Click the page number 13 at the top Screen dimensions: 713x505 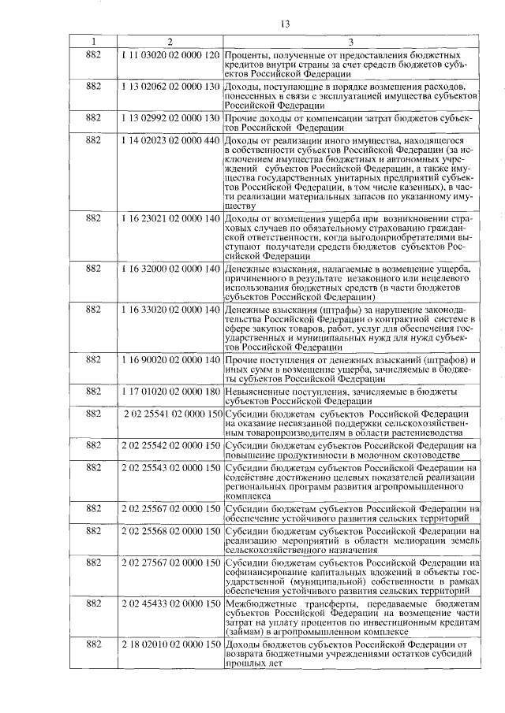point(286,24)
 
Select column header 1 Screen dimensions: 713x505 point(92,41)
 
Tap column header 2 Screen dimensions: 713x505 point(170,41)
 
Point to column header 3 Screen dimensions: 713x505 point(352,41)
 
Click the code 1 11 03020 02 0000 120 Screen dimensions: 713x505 point(170,55)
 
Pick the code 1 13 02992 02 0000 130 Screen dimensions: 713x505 point(170,117)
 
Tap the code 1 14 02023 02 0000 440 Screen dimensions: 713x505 point(170,139)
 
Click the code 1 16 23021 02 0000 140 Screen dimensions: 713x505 point(170,215)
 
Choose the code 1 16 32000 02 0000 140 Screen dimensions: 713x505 point(170,269)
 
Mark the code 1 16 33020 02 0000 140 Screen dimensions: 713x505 point(170,310)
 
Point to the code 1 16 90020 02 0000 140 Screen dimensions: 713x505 point(170,359)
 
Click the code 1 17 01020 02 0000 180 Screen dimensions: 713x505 point(170,391)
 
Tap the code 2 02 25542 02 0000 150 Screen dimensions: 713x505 point(170,445)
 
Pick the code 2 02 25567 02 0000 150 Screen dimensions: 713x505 point(170,508)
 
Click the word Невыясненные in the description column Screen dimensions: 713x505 point(263,391)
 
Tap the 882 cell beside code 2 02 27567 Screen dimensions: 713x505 point(92,563)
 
